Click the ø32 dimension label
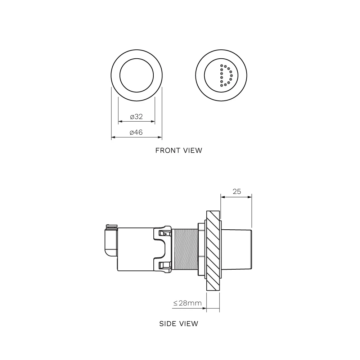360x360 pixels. (136, 117)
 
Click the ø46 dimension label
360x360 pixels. (136, 132)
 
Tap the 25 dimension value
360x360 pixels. (237, 192)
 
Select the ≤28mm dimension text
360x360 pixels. (187, 303)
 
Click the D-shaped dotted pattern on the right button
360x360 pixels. (226, 76)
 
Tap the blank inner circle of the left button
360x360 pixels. (136, 75)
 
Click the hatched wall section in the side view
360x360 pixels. (213, 251)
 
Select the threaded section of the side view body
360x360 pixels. (185, 249)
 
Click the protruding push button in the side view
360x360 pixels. (237, 249)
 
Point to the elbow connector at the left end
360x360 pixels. (111, 240)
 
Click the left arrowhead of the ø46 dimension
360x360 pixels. (113, 137)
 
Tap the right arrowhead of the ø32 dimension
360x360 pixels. (153, 121)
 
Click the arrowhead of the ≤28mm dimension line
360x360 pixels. (204, 308)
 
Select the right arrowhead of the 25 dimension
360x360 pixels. (250, 197)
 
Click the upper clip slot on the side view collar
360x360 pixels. (165, 234)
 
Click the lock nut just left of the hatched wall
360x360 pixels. (202, 249)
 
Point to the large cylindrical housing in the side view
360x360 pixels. (135, 249)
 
